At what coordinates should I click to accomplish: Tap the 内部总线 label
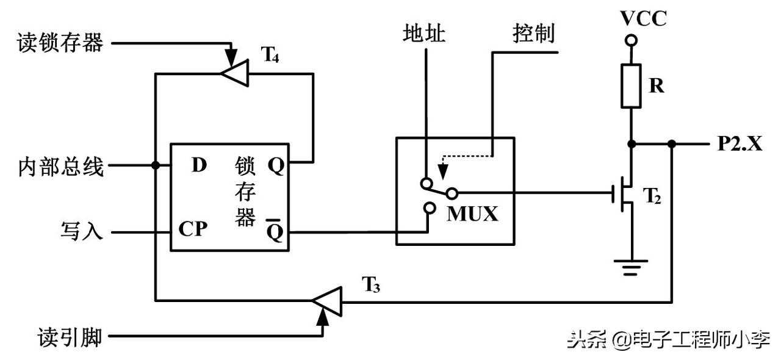tap(61, 165)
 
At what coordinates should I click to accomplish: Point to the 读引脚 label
tap(61, 336)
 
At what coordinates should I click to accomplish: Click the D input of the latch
tap(199, 165)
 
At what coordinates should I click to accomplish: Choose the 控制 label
tap(533, 34)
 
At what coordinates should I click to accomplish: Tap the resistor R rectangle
tap(632, 85)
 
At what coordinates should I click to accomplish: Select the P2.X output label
tap(740, 145)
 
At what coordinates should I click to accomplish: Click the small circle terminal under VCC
tap(632, 41)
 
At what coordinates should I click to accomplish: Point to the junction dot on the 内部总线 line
tap(156, 165)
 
